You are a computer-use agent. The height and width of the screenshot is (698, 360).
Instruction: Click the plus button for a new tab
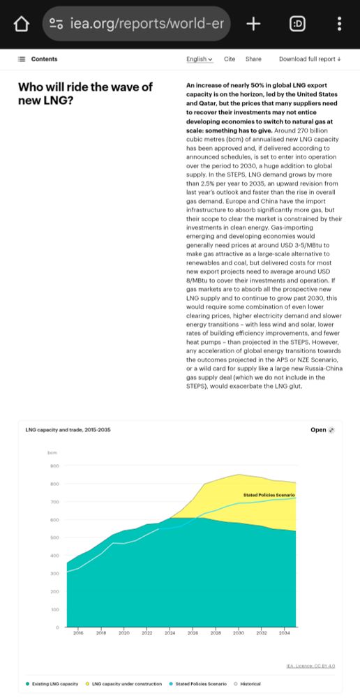click(x=253, y=24)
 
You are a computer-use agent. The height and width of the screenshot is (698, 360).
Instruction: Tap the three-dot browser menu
click(x=339, y=24)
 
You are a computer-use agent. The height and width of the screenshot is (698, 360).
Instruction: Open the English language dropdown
click(x=200, y=59)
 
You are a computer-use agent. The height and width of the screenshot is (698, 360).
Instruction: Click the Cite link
click(x=230, y=59)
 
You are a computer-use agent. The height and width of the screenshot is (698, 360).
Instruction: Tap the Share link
click(x=253, y=59)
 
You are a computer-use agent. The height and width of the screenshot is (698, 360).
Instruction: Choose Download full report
click(x=310, y=59)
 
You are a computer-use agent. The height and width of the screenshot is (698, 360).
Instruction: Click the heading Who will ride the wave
click(x=84, y=94)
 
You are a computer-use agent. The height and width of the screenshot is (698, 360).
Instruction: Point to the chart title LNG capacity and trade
click(x=68, y=429)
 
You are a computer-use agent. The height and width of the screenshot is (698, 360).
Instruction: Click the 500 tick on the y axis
click(x=54, y=537)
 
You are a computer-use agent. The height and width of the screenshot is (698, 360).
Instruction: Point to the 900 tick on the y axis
click(x=54, y=466)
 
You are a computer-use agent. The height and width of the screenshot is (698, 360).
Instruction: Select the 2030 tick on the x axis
click(x=239, y=634)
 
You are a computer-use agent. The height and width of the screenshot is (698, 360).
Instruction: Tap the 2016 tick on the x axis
click(x=78, y=634)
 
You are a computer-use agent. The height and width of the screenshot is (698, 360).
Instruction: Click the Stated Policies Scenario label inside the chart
click(x=269, y=495)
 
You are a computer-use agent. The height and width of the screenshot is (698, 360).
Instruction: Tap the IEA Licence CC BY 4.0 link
click(x=310, y=666)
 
